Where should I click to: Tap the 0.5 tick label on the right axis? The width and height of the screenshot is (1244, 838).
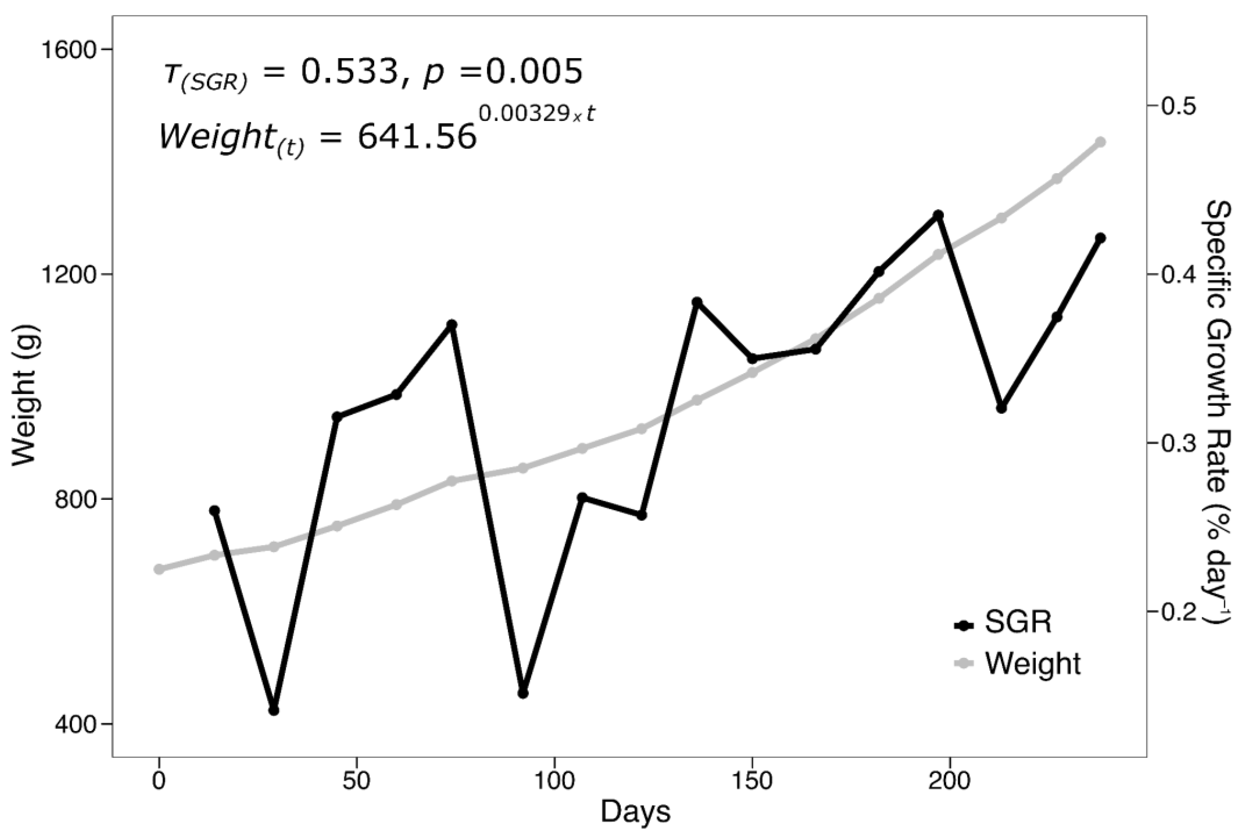(1175, 106)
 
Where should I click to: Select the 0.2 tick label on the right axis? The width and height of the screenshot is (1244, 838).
(1175, 611)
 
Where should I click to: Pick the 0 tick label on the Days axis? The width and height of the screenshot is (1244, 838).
(159, 781)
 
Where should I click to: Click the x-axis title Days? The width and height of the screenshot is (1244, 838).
(635, 811)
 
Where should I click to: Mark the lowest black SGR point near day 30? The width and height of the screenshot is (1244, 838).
(273, 710)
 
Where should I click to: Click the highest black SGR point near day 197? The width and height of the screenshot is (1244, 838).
(938, 215)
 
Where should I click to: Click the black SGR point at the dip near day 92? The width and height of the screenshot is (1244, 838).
(523, 693)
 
